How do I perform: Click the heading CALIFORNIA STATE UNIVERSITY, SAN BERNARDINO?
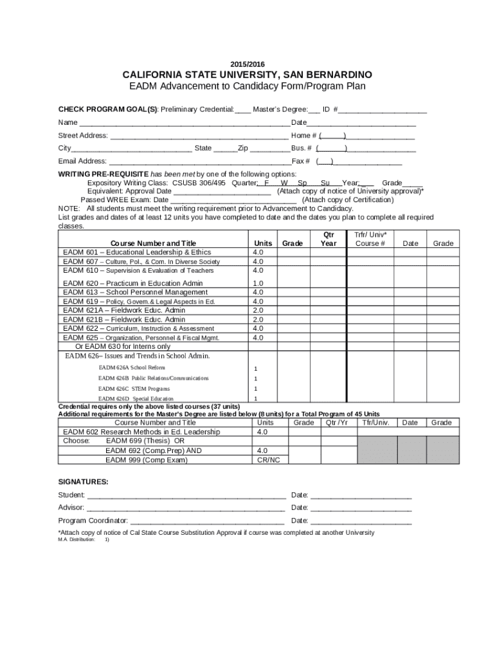(247, 75)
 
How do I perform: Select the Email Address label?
(82, 162)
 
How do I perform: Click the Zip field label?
(243, 148)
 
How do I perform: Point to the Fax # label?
(301, 162)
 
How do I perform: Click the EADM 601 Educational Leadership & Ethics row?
(136, 252)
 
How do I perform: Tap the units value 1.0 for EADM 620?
(258, 283)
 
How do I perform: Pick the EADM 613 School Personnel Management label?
(135, 292)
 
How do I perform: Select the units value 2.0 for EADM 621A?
(258, 310)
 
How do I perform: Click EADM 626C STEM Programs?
(134, 389)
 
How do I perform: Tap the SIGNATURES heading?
(83, 482)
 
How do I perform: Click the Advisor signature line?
(186, 508)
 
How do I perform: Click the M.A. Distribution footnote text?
(76, 540)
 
